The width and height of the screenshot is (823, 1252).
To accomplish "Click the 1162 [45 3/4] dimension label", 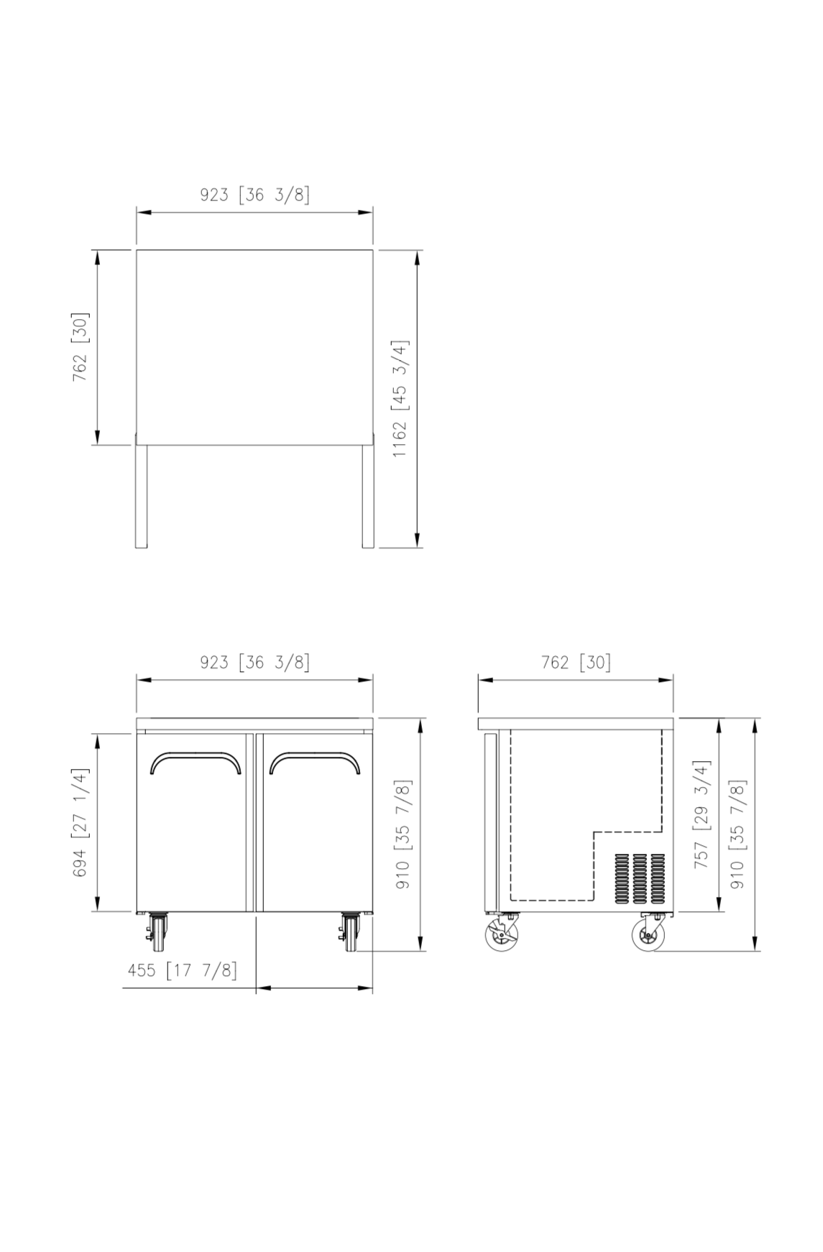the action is click(400, 399).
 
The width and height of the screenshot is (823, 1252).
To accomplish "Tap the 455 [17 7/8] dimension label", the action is click(182, 970).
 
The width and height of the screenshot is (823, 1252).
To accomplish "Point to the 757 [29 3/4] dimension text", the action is click(702, 814).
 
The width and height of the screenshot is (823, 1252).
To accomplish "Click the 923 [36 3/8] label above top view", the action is click(255, 195).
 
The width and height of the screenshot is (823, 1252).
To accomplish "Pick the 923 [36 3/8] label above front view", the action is click(255, 662).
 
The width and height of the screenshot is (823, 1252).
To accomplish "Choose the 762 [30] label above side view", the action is click(576, 662).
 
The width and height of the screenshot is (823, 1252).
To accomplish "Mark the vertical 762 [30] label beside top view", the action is click(80, 347).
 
